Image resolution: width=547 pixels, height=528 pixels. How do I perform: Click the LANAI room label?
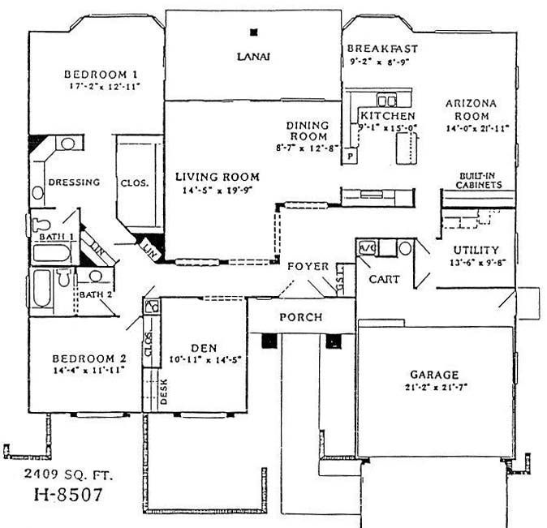click(252, 57)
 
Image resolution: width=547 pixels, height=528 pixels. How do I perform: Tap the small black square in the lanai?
click(255, 32)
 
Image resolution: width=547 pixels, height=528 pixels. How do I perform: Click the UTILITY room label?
click(476, 251)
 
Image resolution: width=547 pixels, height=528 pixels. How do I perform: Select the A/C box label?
click(366, 247)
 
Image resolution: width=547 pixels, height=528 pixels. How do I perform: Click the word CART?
click(383, 279)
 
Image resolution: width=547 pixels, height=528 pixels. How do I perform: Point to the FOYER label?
click(308, 266)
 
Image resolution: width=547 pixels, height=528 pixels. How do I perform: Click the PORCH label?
click(301, 317)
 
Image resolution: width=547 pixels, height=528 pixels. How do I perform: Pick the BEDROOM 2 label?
click(89, 358)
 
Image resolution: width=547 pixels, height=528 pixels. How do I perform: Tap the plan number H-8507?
click(68, 494)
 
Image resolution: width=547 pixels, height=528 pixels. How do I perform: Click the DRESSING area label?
click(74, 182)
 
